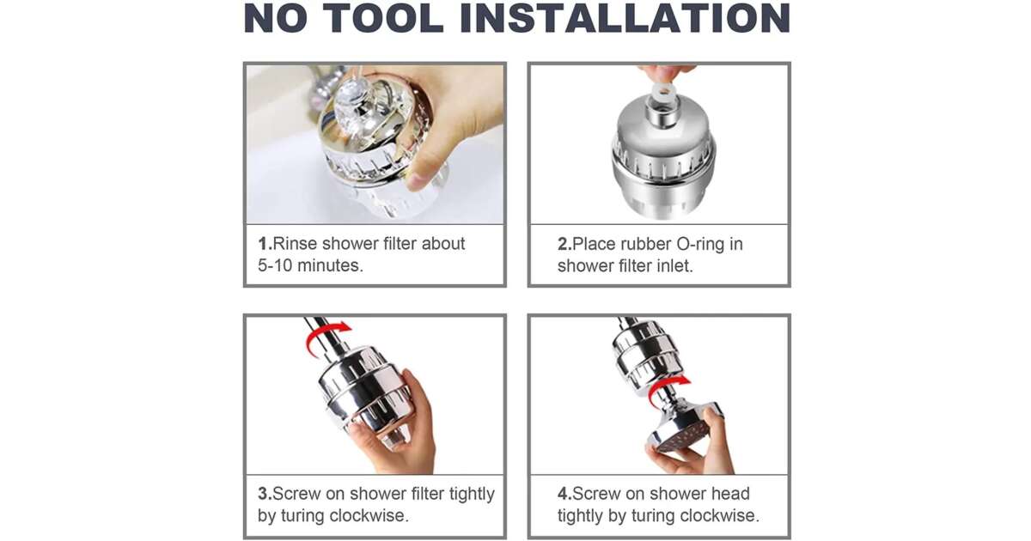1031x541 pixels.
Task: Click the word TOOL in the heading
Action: coord(383,18)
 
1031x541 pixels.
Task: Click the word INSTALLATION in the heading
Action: coord(625,18)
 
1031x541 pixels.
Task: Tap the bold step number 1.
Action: coord(265,243)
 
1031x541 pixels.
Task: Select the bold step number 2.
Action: coord(564,244)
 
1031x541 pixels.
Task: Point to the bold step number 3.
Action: coord(265,494)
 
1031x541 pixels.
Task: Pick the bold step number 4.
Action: coord(564,494)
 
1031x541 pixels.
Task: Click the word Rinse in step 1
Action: coord(295,243)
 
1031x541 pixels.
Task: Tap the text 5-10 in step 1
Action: coord(275,265)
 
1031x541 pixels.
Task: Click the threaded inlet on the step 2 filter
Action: coord(662,113)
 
